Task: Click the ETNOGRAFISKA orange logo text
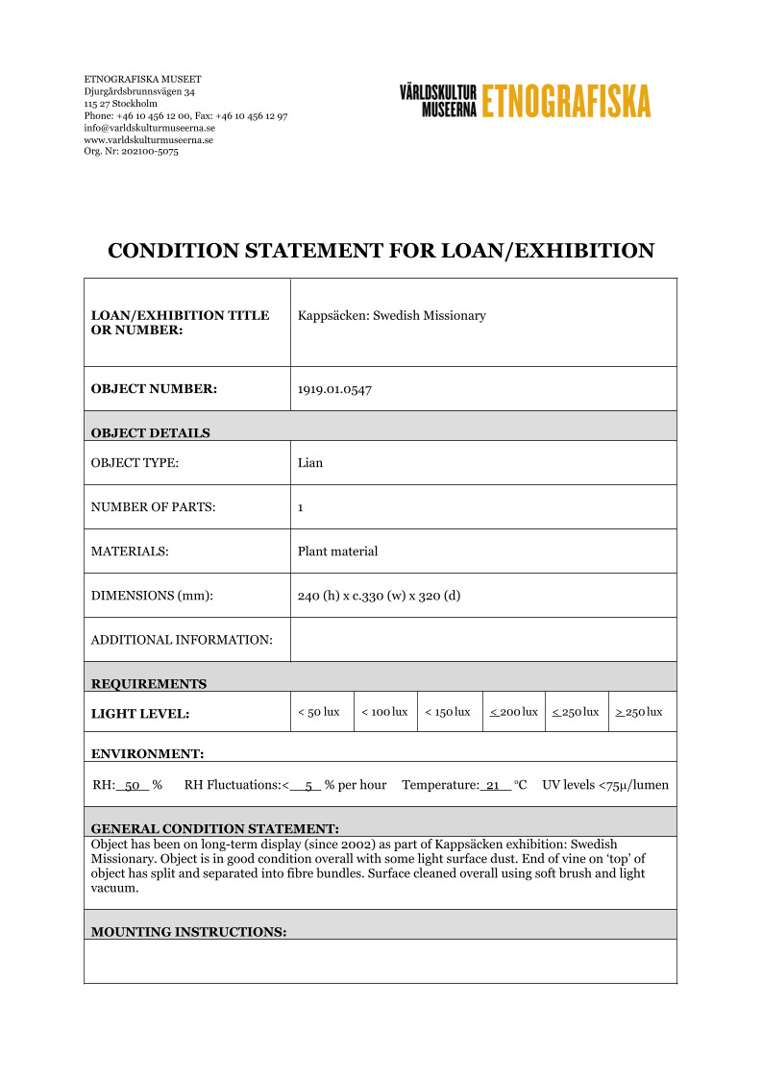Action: [x=566, y=101]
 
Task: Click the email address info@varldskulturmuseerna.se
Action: [x=149, y=128]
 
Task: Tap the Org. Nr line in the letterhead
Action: [x=131, y=151]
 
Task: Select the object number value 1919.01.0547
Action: [x=334, y=389]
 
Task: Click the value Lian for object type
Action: [x=310, y=463]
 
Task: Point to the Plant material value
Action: [x=337, y=551]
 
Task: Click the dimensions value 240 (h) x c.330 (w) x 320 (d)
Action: [x=379, y=596]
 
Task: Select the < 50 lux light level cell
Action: [x=319, y=712]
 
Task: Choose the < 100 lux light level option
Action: [x=384, y=712]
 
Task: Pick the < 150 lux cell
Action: [x=448, y=712]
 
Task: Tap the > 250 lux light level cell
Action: [x=639, y=712]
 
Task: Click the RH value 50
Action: [x=134, y=785]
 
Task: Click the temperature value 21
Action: [x=493, y=785]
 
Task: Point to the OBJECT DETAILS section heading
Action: [x=150, y=432]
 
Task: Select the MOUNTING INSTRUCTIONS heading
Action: [x=188, y=932]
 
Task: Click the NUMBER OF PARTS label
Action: [x=153, y=507]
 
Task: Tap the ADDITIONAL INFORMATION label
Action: [x=182, y=640]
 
